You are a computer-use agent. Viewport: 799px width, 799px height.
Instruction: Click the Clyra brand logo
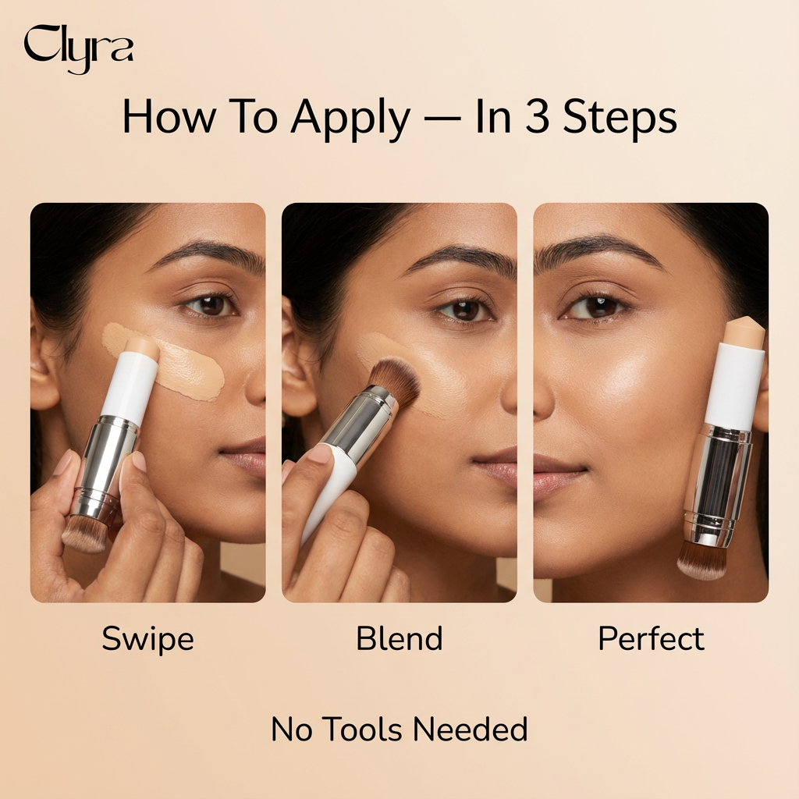tap(79, 49)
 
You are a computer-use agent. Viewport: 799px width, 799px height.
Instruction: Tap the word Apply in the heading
tap(350, 119)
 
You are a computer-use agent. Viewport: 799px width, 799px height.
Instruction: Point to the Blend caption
tap(399, 638)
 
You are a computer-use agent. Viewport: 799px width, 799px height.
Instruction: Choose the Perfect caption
tap(652, 638)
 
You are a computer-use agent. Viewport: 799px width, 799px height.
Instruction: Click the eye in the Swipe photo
tap(210, 305)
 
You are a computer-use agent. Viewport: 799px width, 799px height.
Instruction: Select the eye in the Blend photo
tap(463, 310)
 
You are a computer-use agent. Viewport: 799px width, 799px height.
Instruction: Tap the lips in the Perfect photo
tap(559, 477)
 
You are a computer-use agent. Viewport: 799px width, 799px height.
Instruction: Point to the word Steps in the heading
tap(620, 119)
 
